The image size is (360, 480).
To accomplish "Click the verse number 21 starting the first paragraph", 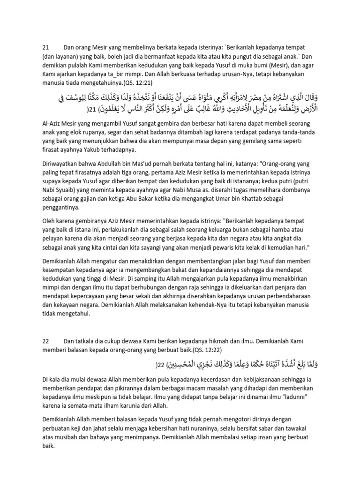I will point(46,47).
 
